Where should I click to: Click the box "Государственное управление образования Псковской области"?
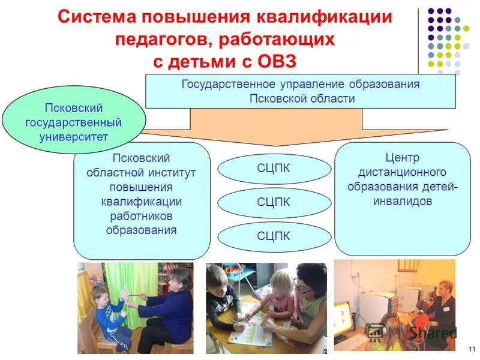300,91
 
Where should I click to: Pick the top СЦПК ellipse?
274,169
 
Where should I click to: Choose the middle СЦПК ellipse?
274,203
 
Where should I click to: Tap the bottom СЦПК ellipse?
274,236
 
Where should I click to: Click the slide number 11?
471,349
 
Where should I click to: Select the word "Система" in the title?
100,17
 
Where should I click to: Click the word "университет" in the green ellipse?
75,136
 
